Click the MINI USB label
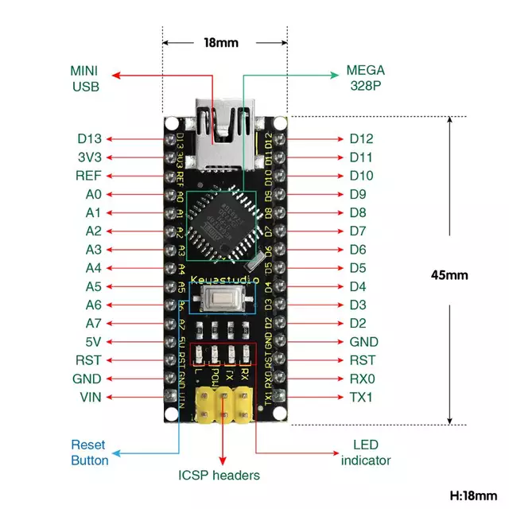[85, 78]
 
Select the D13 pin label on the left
[89, 138]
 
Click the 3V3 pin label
[89, 157]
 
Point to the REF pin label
[88, 176]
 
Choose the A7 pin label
[93, 323]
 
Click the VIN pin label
[90, 397]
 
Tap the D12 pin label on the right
[361, 138]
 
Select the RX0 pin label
[361, 379]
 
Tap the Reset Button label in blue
[90, 453]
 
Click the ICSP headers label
[219, 476]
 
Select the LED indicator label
[366, 453]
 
